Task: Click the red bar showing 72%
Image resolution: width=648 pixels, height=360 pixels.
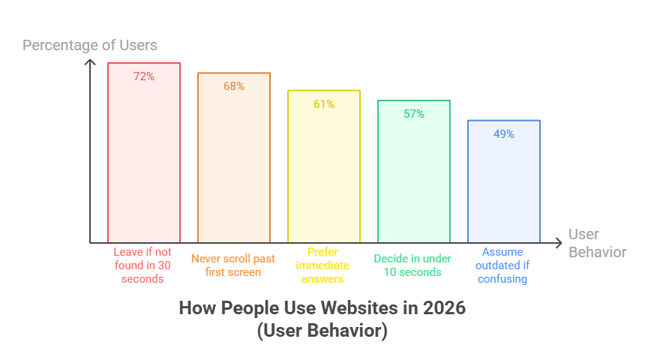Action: (144, 157)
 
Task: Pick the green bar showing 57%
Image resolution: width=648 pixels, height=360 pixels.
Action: (414, 176)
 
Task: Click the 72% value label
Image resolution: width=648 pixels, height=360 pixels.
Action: (144, 76)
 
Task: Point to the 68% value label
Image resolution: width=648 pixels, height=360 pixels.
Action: (234, 85)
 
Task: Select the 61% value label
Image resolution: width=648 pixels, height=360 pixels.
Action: (324, 104)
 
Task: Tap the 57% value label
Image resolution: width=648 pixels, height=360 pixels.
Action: (414, 114)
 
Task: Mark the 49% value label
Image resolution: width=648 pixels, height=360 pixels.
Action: (504, 133)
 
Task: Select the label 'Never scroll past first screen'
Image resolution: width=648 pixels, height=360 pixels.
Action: (233, 265)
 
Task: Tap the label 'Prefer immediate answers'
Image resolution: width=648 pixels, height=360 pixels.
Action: (323, 265)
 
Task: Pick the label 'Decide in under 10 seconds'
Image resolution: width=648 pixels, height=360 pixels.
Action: (412, 265)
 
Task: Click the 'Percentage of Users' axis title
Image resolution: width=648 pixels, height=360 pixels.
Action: (90, 45)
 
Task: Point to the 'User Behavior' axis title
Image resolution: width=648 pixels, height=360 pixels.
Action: (597, 243)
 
